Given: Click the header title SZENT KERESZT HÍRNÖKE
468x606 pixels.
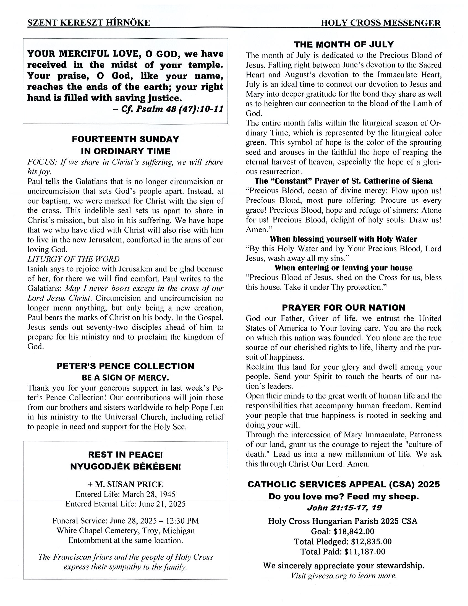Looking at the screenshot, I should coord(89,23).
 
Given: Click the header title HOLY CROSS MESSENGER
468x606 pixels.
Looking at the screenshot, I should coord(380,23).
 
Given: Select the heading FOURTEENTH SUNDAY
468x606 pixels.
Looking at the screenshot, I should coord(126,139).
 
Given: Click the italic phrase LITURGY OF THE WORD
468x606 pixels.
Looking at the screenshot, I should coord(74,259).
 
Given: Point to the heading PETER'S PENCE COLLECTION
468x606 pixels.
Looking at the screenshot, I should coord(126,366).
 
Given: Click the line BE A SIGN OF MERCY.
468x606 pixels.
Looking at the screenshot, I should coord(126,378).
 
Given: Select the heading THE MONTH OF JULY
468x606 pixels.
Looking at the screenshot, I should coord(344,45).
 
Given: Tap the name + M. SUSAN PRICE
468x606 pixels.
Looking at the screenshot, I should coord(126,484).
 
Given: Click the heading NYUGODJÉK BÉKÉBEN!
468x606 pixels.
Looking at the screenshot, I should coord(126,466).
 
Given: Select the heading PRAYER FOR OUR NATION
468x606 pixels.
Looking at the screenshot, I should coord(344,307).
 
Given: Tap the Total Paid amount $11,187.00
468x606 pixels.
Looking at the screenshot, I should coord(365,551).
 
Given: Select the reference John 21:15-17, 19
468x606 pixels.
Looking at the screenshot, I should coord(344,508).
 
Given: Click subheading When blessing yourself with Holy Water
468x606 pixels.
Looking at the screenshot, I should coord(343,239).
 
